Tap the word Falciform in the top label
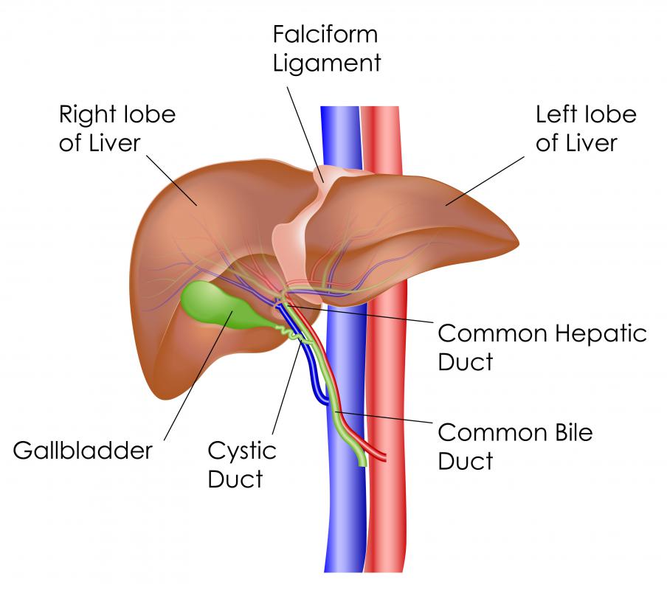click(x=325, y=34)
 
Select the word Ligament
click(x=327, y=63)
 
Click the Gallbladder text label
click(x=83, y=451)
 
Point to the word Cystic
click(x=242, y=451)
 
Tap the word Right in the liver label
click(x=87, y=116)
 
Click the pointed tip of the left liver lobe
click(x=518, y=243)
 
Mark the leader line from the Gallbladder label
click(x=198, y=375)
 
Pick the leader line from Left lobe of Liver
click(x=485, y=181)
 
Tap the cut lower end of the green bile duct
click(x=362, y=463)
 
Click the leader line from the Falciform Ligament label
click(x=305, y=134)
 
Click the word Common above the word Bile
click(x=493, y=433)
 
